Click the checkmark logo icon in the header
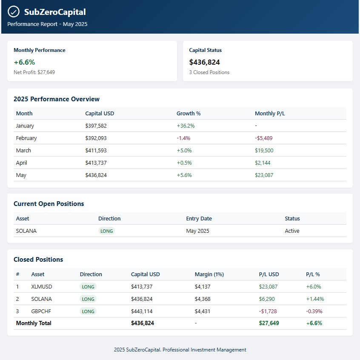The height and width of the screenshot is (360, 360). [14, 12]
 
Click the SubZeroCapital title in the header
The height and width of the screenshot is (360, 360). [54, 12]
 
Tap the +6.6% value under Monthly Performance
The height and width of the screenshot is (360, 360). [24, 62]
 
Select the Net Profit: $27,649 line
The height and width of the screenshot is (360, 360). [34, 72]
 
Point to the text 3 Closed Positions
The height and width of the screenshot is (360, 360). [209, 72]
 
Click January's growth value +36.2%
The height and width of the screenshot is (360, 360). [186, 126]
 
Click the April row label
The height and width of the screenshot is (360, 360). [21, 163]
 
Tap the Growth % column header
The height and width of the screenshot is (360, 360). [189, 114]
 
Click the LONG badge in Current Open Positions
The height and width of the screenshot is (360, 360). [106, 231]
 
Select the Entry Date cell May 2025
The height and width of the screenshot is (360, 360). [197, 231]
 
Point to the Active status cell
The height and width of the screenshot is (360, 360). [292, 231]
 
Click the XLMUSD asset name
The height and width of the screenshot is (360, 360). [42, 287]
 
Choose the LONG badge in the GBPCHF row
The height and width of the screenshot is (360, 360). [88, 311]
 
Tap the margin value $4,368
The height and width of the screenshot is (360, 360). [203, 299]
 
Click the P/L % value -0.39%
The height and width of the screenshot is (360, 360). [314, 311]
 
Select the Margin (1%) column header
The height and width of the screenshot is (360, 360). [209, 274]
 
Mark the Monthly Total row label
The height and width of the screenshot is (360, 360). [34, 323]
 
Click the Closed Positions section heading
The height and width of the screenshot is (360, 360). [38, 260]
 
